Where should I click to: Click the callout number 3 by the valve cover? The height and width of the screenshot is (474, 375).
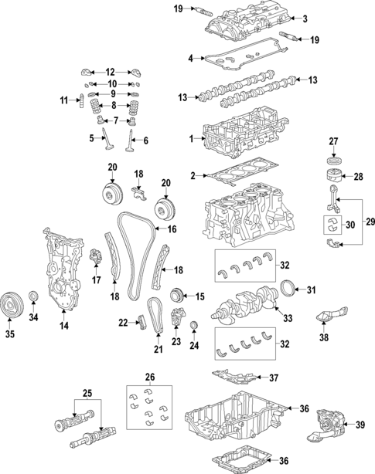click(x=305, y=18)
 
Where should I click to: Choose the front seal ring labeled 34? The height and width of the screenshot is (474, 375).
click(x=33, y=298)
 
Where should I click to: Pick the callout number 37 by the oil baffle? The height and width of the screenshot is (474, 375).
click(x=272, y=378)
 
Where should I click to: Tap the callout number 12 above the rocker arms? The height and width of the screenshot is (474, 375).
click(x=110, y=70)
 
